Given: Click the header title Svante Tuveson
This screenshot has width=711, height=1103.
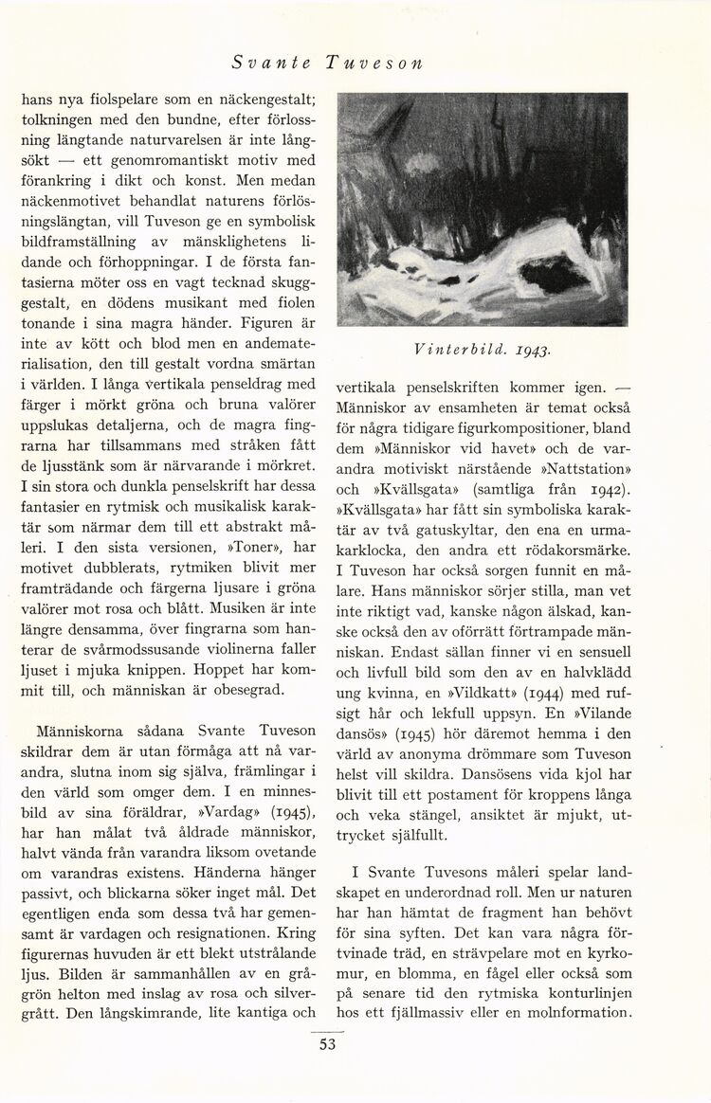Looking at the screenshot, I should click(327, 63).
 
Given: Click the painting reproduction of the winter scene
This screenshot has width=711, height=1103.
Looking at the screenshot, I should click(482, 209).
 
